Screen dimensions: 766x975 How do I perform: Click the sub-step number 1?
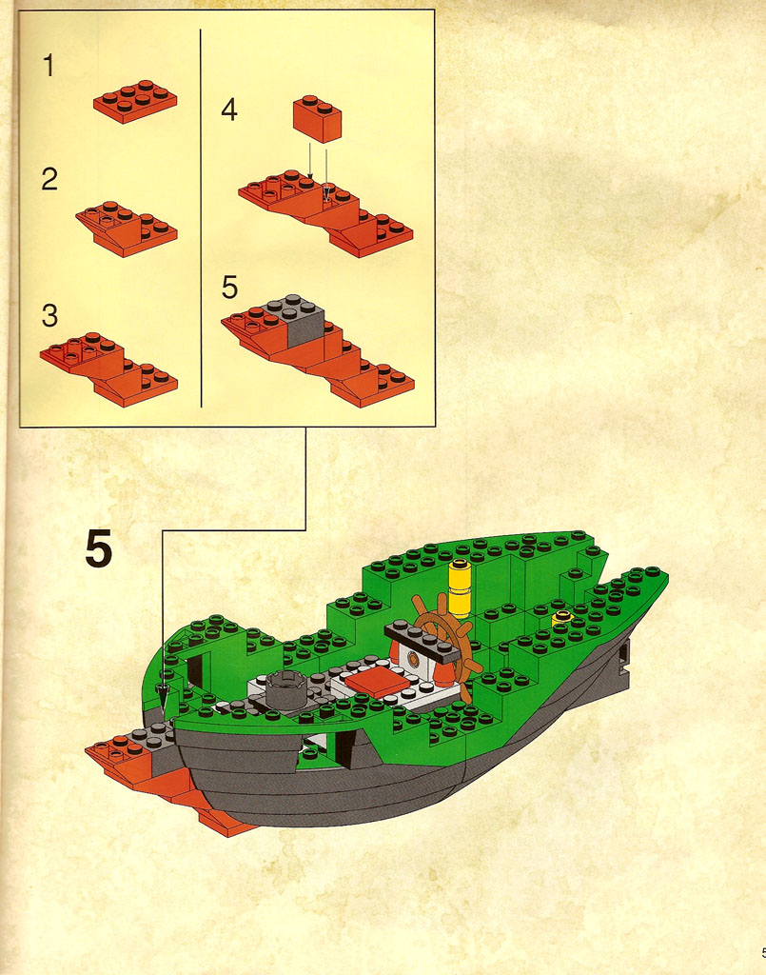click(x=49, y=66)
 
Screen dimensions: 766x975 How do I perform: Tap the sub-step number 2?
click(x=49, y=179)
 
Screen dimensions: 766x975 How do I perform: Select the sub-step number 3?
click(x=49, y=315)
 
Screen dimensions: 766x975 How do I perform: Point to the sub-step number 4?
click(x=229, y=109)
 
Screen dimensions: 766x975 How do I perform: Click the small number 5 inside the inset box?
click(x=230, y=288)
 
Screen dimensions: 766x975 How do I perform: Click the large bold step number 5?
click(x=99, y=548)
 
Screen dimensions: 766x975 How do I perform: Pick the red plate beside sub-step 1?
click(x=135, y=101)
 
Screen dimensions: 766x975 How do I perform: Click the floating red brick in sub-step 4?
click(x=318, y=118)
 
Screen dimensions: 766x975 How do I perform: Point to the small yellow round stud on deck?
click(x=562, y=618)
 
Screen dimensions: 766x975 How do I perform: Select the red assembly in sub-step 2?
click(x=127, y=229)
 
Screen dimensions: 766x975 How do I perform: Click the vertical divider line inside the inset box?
click(x=201, y=218)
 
